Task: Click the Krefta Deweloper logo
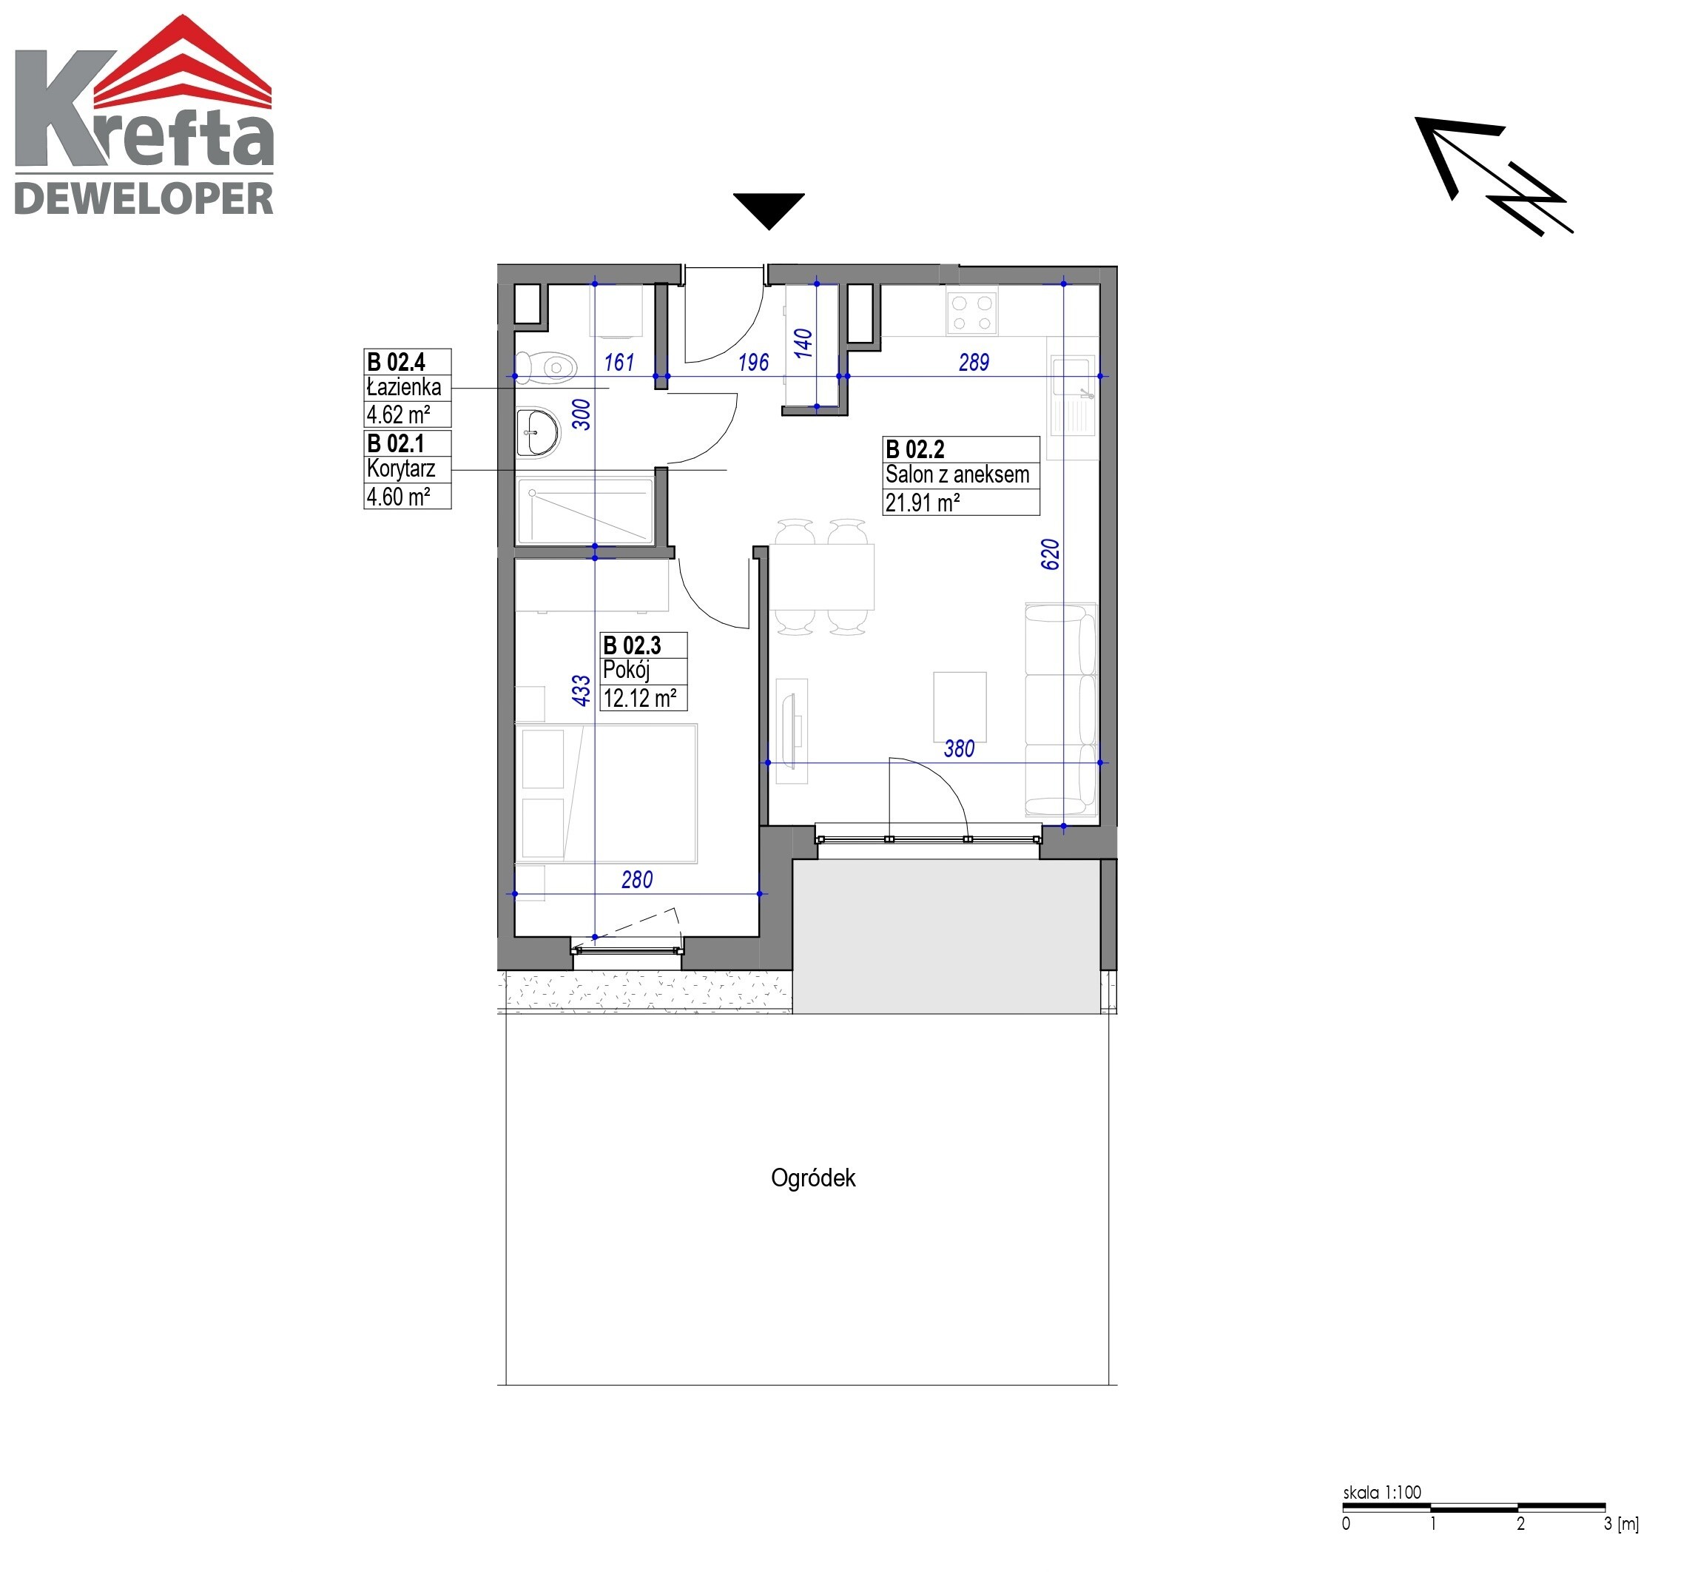point(144,115)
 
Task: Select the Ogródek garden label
point(813,1178)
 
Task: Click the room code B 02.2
point(914,449)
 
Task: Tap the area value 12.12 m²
point(639,699)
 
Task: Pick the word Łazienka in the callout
point(404,387)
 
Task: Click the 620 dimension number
point(1051,554)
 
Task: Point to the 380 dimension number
point(959,748)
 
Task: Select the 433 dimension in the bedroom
point(581,690)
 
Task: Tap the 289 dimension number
point(974,363)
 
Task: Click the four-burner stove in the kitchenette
point(971,312)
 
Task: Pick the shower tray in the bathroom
point(585,511)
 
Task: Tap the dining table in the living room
point(821,577)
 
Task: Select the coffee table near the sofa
point(960,707)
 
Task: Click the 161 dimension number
point(619,363)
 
